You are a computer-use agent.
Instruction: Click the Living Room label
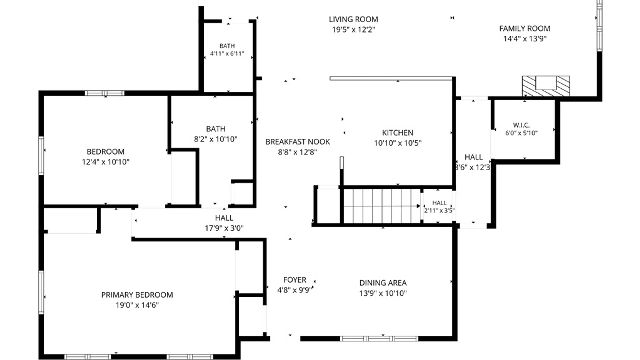click(x=353, y=19)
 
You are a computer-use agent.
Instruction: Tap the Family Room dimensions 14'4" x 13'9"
click(x=525, y=39)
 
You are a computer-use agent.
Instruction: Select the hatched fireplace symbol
click(x=546, y=86)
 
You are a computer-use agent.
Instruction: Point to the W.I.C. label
click(x=521, y=125)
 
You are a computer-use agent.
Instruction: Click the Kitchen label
click(x=398, y=133)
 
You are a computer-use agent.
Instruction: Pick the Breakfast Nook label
click(x=298, y=142)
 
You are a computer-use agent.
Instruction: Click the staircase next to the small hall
click(x=382, y=205)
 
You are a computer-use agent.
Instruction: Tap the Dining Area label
click(x=383, y=283)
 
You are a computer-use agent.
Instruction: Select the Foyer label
click(x=295, y=280)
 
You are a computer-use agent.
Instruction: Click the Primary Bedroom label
click(x=137, y=295)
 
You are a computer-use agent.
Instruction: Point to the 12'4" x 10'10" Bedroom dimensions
click(x=106, y=162)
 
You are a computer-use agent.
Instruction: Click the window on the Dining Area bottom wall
click(x=379, y=339)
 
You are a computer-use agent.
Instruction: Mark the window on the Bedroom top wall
click(x=105, y=93)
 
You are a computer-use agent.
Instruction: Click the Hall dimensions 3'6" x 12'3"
click(x=473, y=167)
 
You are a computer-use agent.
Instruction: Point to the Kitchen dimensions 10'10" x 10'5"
click(x=398, y=143)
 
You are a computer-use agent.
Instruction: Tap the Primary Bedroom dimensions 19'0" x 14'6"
click(x=137, y=305)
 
